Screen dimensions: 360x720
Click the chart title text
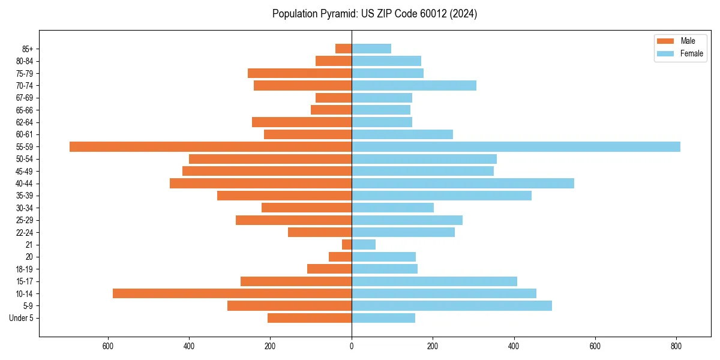click(374, 14)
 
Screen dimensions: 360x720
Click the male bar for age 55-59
click(211, 146)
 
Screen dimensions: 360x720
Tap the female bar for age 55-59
click(516, 146)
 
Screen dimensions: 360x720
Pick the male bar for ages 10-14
click(232, 293)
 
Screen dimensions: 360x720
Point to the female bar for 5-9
click(452, 305)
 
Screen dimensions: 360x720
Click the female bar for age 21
click(364, 244)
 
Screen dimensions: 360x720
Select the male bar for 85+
click(343, 49)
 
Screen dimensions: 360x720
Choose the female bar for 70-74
click(414, 85)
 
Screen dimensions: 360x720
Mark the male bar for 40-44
click(260, 183)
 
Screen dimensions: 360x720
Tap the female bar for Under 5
click(383, 318)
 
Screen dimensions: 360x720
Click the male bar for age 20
click(340, 257)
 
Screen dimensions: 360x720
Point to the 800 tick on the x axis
click(676, 346)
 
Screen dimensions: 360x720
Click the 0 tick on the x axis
click(352, 346)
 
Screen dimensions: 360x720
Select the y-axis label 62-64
click(25, 122)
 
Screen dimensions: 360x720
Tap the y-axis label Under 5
click(22, 318)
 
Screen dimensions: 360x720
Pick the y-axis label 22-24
click(25, 232)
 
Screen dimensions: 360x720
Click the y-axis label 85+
click(28, 49)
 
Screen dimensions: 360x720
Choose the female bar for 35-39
click(442, 196)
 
